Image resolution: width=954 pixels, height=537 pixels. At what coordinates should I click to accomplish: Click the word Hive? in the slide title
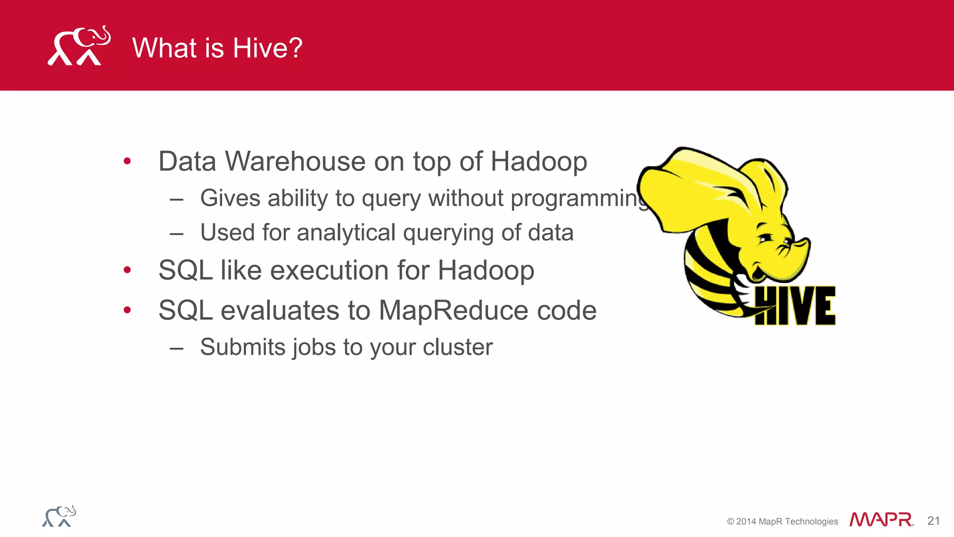[267, 48]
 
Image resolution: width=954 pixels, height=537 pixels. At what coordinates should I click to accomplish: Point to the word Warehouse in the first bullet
[296, 162]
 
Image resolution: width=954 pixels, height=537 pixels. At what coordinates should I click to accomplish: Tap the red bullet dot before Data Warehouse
[127, 162]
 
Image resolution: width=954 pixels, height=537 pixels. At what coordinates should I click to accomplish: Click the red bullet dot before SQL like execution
[127, 270]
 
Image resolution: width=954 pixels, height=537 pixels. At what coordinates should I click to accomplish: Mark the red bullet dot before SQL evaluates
[127, 310]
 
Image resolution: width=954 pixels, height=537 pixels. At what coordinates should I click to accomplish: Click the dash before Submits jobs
[177, 348]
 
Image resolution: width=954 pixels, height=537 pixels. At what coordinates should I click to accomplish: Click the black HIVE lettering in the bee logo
[795, 306]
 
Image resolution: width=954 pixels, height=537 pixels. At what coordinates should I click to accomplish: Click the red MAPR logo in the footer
[881, 519]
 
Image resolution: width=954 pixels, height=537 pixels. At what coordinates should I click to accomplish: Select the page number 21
[934, 521]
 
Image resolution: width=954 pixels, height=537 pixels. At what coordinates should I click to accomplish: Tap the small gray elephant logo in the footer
[59, 516]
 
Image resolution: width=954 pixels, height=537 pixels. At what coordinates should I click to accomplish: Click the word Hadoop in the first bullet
[538, 162]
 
